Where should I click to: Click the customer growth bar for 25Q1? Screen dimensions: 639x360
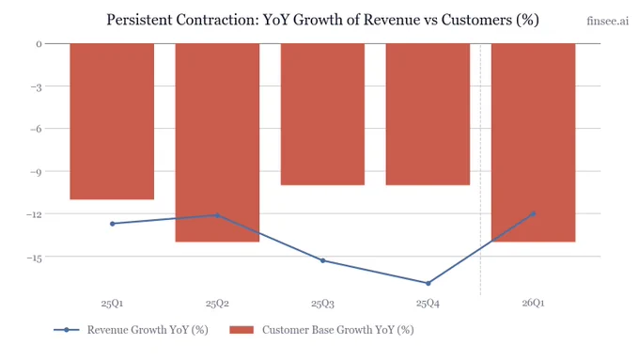click(x=112, y=121)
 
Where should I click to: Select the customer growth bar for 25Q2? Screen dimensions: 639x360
click(x=217, y=143)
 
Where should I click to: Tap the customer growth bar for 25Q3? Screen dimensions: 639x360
click(x=322, y=114)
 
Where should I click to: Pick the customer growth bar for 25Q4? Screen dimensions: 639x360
click(x=428, y=114)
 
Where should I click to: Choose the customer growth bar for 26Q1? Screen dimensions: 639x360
click(x=534, y=143)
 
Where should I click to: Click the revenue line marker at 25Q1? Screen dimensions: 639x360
click(x=113, y=224)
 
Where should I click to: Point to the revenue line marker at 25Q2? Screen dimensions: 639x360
click(x=217, y=215)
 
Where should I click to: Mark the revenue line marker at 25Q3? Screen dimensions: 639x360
click(x=322, y=260)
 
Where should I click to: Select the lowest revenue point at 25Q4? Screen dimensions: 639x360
click(x=428, y=283)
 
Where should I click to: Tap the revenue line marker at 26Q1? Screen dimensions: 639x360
click(x=533, y=213)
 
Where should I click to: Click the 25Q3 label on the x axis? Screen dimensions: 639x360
click(x=322, y=304)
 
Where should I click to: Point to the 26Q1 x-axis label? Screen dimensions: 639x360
click(x=533, y=303)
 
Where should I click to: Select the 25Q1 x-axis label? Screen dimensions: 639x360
click(x=112, y=304)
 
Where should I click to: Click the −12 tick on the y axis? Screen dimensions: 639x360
click(x=34, y=214)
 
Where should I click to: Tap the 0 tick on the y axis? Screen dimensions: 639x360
click(x=39, y=44)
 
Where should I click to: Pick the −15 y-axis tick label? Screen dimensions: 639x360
click(x=34, y=258)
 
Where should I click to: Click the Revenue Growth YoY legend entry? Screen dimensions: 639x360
click(x=131, y=330)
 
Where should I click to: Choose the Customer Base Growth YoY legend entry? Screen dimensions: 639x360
click(x=321, y=330)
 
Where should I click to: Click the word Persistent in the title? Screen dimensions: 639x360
click(x=139, y=20)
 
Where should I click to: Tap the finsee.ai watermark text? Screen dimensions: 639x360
click(x=608, y=21)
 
